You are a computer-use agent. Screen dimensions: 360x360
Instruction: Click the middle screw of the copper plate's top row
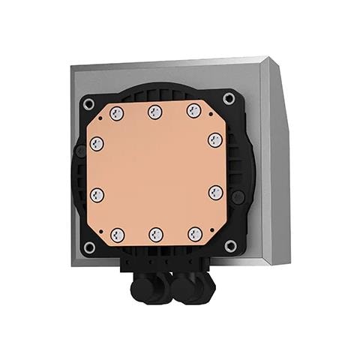pos(155,112)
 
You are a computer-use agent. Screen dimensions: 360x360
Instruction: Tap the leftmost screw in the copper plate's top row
pos(116,113)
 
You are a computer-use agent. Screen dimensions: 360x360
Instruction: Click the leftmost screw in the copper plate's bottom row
pos(117,235)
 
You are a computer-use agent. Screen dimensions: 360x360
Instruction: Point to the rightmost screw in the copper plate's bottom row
pos(195,233)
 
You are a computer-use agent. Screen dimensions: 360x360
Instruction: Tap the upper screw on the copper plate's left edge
pos(97,142)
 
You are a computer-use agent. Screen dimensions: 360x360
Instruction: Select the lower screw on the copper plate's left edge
pos(97,194)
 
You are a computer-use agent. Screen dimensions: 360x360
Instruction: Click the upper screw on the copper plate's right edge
pos(214,139)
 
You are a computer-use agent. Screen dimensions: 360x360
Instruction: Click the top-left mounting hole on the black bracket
pos(88,103)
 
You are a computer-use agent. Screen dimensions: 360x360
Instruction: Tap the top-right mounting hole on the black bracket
pos(229,98)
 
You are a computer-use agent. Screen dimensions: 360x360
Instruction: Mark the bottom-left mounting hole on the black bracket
pos(90,247)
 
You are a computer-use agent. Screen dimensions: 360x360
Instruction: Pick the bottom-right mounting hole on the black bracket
pos(230,245)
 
